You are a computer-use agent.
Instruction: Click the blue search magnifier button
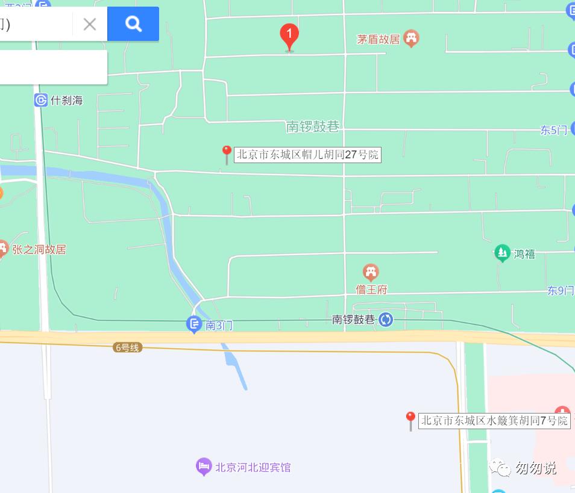click(x=133, y=24)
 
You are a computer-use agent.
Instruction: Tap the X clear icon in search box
click(x=90, y=24)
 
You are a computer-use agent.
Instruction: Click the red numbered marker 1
click(x=289, y=36)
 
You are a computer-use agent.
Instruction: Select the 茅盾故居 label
click(x=379, y=40)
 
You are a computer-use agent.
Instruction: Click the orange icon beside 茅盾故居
click(x=412, y=39)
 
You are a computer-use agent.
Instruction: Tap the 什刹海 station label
click(x=67, y=101)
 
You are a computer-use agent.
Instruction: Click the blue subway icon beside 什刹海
click(x=41, y=101)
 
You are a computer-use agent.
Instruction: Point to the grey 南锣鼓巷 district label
click(x=313, y=126)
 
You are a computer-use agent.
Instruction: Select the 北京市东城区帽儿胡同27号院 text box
click(x=307, y=155)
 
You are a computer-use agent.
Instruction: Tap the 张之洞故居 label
click(x=39, y=249)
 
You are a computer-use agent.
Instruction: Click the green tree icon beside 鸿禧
click(x=502, y=253)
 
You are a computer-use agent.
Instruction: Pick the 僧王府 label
click(x=371, y=290)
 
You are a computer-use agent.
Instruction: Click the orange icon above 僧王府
click(x=371, y=273)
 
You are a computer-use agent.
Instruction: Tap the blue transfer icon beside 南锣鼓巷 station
click(x=386, y=320)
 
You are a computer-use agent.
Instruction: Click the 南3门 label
click(x=219, y=326)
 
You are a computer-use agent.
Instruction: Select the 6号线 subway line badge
click(x=127, y=347)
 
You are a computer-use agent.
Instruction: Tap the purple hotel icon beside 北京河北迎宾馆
click(x=204, y=467)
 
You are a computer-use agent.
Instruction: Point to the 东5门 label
click(x=553, y=130)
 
